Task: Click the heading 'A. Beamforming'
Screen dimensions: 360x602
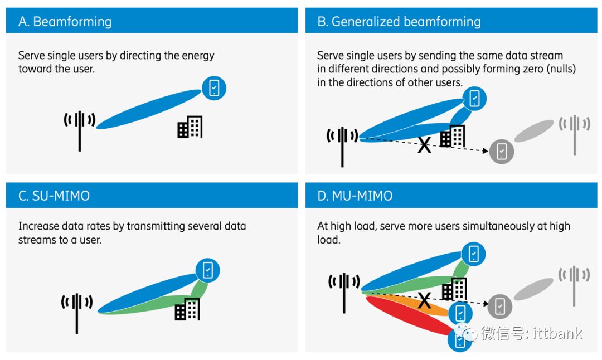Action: coord(65,22)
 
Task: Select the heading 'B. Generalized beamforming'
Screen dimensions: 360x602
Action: coord(399,22)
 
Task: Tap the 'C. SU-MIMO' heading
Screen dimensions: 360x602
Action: coord(54,196)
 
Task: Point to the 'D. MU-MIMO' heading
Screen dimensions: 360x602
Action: coord(355,196)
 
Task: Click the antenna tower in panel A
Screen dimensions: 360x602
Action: coord(80,129)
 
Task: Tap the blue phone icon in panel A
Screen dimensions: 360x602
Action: coord(213,88)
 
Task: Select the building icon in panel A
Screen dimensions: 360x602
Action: coord(190,128)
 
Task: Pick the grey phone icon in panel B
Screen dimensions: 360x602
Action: coord(501,150)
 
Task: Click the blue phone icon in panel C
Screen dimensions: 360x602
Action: coord(207,271)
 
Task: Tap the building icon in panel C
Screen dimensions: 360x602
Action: coord(187,309)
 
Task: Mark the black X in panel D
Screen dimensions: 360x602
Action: coord(424,301)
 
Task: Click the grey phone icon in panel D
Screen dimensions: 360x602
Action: coord(500,305)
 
